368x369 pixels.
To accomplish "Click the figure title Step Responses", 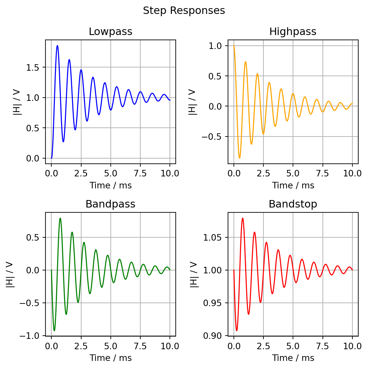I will (x=184, y=11).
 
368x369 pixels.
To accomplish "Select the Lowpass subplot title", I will (x=110, y=32).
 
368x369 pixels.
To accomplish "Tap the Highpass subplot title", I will (x=293, y=32).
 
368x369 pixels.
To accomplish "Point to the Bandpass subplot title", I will (x=110, y=204).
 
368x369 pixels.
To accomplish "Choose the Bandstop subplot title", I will (x=293, y=204).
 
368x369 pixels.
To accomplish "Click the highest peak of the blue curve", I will (x=57, y=46).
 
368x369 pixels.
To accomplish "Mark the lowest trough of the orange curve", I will (x=240, y=158).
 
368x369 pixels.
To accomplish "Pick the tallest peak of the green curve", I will (x=60, y=218).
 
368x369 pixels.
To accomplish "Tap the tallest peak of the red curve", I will (x=243, y=218).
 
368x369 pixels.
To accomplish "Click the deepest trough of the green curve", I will (x=54, y=330).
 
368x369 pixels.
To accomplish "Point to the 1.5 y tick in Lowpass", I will (x=32, y=67).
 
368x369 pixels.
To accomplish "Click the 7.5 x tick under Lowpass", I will (x=140, y=173).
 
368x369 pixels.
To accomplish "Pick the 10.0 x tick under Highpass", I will (x=352, y=173).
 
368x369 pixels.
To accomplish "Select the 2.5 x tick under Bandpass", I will (x=81, y=346).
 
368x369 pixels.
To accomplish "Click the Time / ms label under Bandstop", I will (x=293, y=358).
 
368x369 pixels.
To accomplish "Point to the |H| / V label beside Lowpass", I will (x=17, y=102).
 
